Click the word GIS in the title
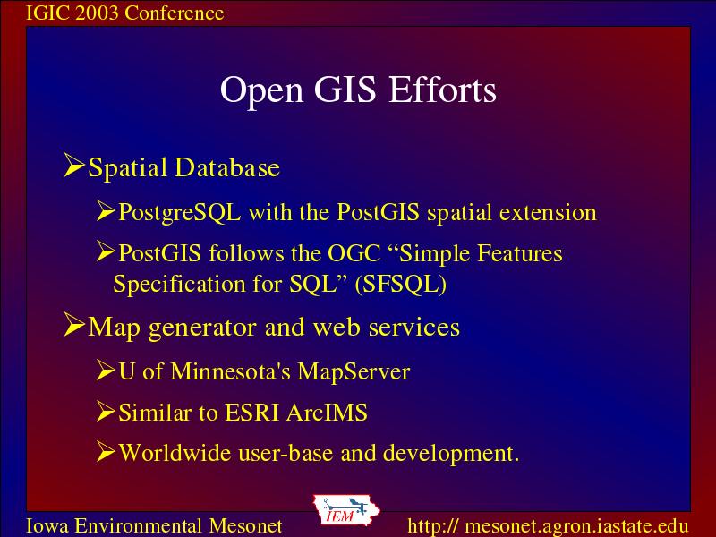345,89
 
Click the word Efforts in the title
442,89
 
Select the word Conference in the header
174,13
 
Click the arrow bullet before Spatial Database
74,165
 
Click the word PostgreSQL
180,213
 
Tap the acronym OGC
354,253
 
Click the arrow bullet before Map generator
74,325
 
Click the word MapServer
354,371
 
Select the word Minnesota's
230,371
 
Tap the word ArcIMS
327,413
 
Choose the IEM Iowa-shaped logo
345,510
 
